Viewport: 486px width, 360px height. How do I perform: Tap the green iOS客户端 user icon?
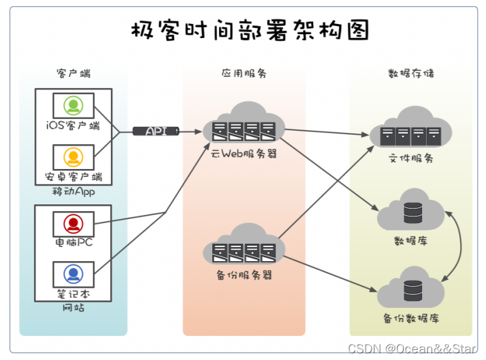(x=73, y=106)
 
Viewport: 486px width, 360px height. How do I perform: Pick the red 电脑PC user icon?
(x=73, y=222)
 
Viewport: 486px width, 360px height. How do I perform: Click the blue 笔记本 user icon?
(x=73, y=273)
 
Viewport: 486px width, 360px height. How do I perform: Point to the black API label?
(x=156, y=131)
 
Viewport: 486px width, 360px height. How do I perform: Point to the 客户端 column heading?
(x=73, y=73)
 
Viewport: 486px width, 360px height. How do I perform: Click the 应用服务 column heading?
(x=244, y=73)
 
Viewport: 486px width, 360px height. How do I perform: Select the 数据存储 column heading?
(x=411, y=73)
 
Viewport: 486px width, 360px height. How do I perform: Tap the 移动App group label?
(x=73, y=192)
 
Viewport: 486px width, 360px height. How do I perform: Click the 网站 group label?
(x=73, y=308)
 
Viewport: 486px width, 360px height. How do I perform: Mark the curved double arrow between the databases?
(x=460, y=245)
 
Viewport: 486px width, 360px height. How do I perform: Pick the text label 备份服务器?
(x=244, y=275)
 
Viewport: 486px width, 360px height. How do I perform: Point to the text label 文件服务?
(x=411, y=159)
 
